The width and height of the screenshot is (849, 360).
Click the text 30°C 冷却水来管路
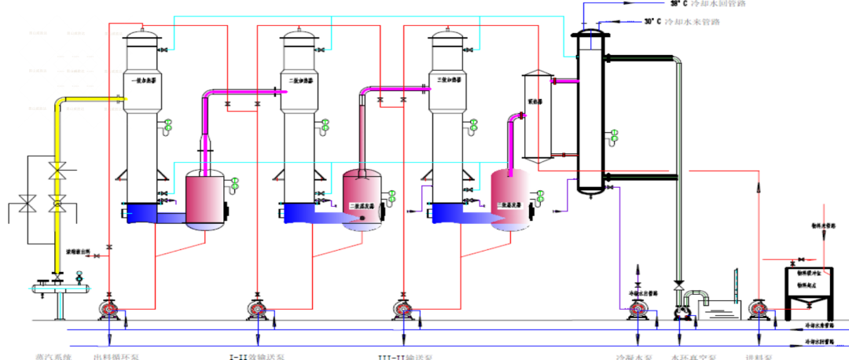693,22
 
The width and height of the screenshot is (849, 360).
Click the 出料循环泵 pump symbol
108,309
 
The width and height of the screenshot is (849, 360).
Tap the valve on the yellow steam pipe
57,171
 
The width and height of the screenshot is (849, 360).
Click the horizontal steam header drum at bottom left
59,289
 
